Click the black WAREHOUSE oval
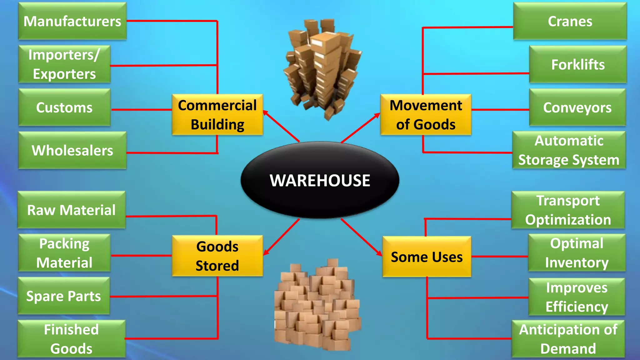tap(320, 180)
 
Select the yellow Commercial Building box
tap(217, 115)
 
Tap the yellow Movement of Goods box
tap(426, 115)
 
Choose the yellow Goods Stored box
tap(217, 256)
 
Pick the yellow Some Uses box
tap(427, 257)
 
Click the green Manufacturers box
tap(72, 21)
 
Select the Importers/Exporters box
tap(64, 64)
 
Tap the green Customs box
tap(64, 107)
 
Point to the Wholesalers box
tap(72, 150)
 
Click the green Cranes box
tap(570, 21)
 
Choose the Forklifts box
tap(578, 64)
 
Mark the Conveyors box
tap(577, 107)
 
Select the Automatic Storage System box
tap(569, 150)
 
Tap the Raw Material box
tap(72, 210)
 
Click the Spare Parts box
tap(64, 296)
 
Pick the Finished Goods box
tap(72, 339)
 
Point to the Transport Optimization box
tap(568, 210)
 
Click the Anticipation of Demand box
tap(568, 339)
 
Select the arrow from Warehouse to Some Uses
tap(362, 237)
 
